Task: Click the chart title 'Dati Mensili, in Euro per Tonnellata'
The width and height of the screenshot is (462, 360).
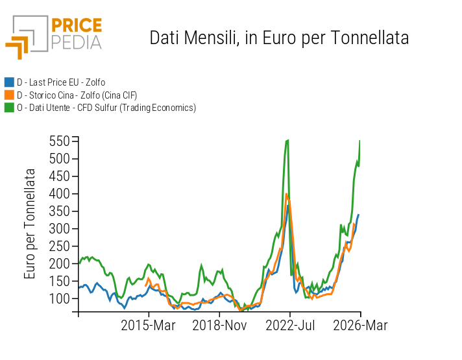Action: [279, 38]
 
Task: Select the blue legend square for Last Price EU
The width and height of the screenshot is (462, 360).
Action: [9, 82]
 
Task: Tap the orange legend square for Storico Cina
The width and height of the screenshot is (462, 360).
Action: [9, 95]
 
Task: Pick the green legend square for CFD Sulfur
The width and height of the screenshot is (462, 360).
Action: [9, 108]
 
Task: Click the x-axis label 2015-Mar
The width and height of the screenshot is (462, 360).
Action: [149, 325]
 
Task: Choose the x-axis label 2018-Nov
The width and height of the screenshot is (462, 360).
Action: [219, 325]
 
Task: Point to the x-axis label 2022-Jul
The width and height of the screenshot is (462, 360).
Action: [290, 325]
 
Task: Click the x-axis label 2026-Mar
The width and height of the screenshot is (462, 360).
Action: [360, 325]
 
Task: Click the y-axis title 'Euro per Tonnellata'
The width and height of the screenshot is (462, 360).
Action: [30, 224]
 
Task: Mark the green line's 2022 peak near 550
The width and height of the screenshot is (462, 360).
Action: [287, 140]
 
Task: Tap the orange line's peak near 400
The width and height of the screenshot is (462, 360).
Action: [286, 194]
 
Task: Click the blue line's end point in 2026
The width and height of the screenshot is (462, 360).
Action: [358, 215]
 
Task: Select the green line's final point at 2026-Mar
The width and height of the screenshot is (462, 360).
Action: [359, 141]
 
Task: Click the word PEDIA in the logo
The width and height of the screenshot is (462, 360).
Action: [77, 42]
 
